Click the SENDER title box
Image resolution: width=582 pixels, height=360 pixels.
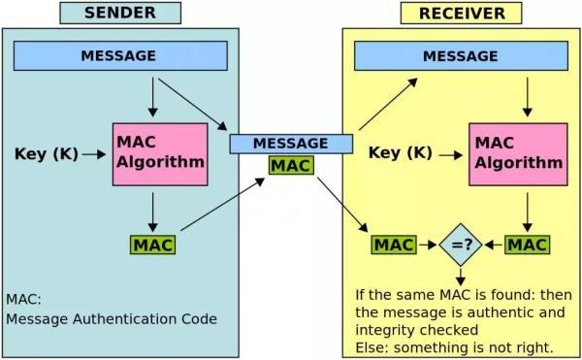click(x=119, y=13)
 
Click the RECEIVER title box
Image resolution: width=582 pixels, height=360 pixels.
click(x=461, y=13)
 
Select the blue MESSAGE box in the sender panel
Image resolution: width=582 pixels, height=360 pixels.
click(x=118, y=56)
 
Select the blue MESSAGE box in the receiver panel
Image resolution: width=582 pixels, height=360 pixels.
click(x=460, y=56)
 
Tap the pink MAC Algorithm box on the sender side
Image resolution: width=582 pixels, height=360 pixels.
click(x=160, y=153)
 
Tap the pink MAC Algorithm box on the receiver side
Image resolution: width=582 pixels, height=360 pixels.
click(x=517, y=153)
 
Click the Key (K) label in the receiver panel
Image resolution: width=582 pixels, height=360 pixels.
click(x=401, y=152)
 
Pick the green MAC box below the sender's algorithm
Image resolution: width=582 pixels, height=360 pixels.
click(x=152, y=245)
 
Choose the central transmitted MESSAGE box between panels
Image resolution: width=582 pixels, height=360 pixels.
click(x=290, y=144)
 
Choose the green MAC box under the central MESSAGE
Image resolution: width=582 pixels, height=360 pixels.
click(x=291, y=166)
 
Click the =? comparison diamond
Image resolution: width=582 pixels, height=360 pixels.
click(x=461, y=245)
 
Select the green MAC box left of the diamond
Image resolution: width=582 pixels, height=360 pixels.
click(x=394, y=245)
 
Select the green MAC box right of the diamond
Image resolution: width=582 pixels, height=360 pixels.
click(x=527, y=245)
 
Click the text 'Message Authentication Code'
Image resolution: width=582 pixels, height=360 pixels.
click(x=112, y=318)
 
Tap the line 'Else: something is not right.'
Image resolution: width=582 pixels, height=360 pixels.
click(x=454, y=346)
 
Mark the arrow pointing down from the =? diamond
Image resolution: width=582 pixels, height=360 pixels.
click(x=461, y=275)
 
